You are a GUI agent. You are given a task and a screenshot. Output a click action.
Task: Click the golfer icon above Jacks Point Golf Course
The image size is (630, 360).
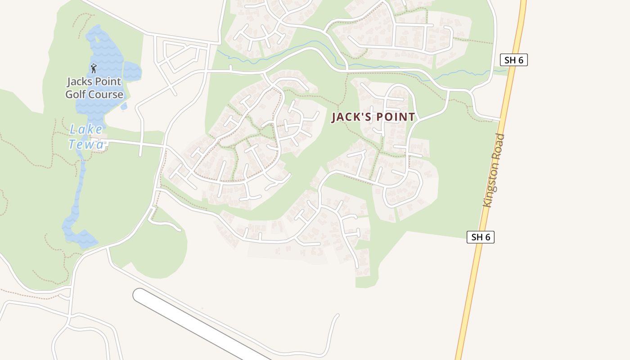coord(94,68)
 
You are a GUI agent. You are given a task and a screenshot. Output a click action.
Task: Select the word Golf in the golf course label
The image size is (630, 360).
coord(76,94)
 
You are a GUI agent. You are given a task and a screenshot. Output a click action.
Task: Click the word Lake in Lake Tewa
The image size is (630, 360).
coord(86,130)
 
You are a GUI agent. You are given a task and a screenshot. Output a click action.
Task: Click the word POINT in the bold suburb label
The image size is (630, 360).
coord(396,117)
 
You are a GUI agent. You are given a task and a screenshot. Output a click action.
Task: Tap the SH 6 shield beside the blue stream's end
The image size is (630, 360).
coord(513,60)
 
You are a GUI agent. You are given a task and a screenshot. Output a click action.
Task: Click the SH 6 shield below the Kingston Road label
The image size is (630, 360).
coord(480,237)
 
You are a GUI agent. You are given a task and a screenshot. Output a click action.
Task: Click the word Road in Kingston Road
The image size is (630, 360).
coord(500,144)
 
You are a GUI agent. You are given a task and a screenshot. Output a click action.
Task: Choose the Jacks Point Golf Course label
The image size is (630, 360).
coord(94,88)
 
